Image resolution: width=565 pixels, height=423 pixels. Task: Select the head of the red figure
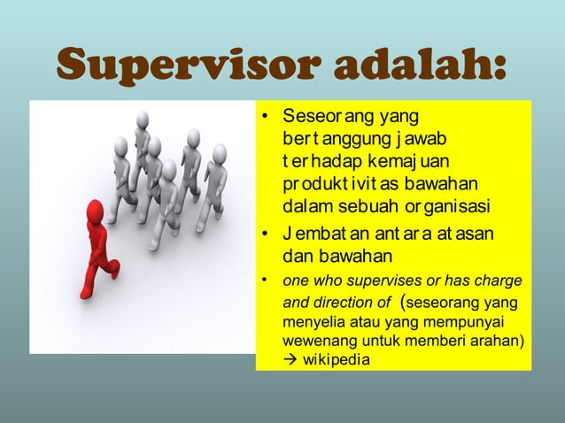96,211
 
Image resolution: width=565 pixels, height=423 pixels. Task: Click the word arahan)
498,341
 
